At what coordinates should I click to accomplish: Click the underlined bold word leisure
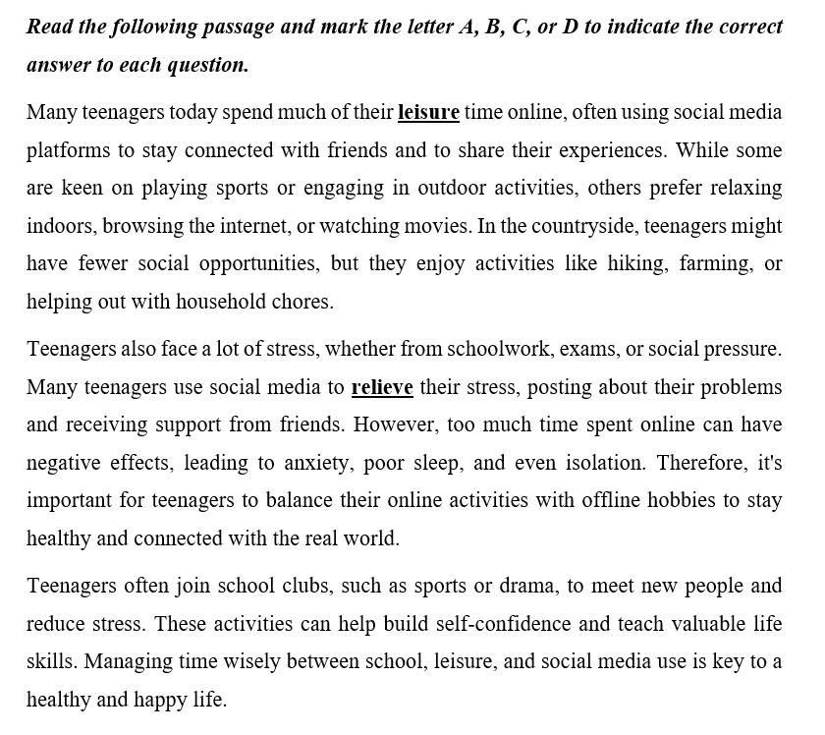pos(428,112)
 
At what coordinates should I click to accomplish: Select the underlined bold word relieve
pos(381,387)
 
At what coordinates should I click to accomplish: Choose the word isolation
pos(604,463)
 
